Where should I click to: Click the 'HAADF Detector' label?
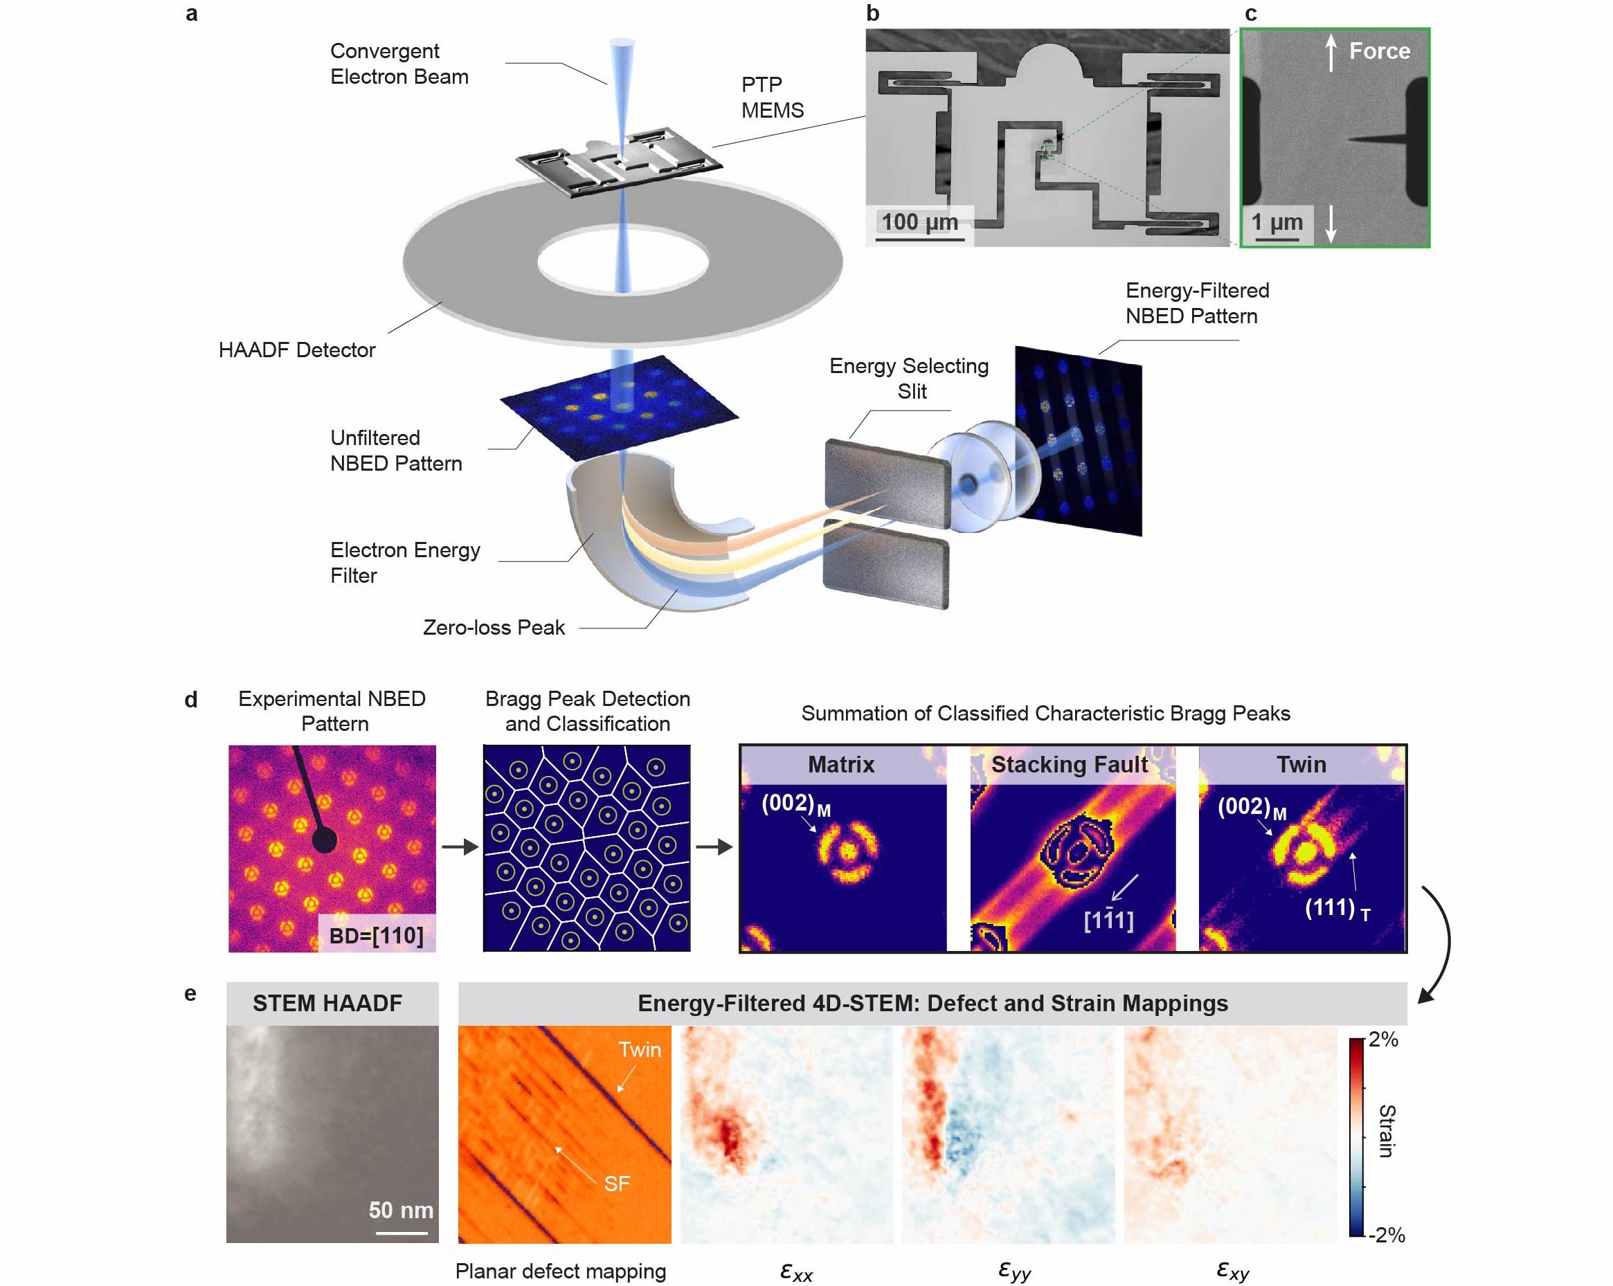[x=296, y=350]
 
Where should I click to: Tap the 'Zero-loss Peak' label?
[x=493, y=627]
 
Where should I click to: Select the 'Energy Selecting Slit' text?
[x=908, y=378]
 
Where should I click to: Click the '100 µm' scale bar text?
[x=919, y=221]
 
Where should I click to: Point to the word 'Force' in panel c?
[x=1379, y=51]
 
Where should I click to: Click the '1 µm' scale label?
[x=1277, y=221]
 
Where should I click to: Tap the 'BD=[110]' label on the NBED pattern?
[x=376, y=935]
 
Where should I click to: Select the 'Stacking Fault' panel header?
[x=1068, y=764]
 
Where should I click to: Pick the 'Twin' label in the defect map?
[x=639, y=1049]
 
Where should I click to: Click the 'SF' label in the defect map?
[x=617, y=1183]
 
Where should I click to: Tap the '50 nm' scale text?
[x=400, y=1209]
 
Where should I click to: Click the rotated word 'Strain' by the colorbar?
[x=1387, y=1130]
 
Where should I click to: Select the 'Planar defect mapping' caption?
[x=559, y=1270]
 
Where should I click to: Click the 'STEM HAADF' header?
[x=327, y=1002]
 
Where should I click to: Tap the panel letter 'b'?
[x=872, y=12]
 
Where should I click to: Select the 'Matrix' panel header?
[x=841, y=764]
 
